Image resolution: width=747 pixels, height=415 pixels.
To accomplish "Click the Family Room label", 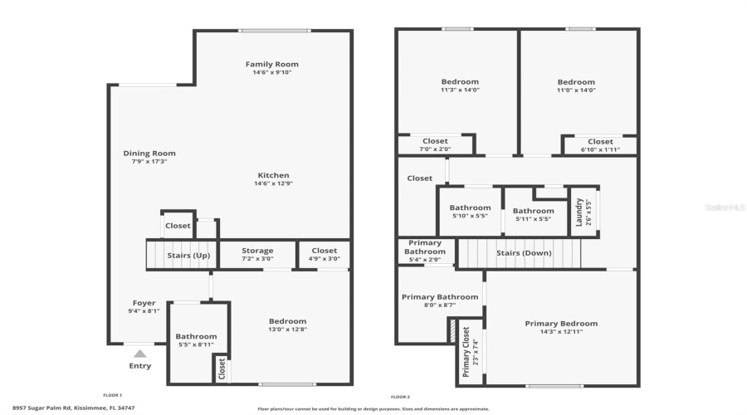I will click(271, 64).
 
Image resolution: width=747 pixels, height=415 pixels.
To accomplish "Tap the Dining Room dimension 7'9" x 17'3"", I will click(149, 161).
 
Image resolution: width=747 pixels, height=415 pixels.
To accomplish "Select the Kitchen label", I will click(273, 175).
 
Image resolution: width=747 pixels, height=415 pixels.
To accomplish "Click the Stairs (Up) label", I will click(188, 255).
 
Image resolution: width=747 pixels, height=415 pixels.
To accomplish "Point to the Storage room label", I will click(257, 251).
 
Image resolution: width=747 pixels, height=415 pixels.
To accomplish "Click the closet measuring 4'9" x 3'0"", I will click(324, 254).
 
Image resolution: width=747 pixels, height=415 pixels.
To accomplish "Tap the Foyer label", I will click(144, 303).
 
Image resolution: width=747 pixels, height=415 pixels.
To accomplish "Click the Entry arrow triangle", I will click(140, 354).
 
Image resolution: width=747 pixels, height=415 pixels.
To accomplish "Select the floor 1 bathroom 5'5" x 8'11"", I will click(195, 339).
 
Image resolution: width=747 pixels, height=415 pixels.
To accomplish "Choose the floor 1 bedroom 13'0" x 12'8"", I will click(287, 325).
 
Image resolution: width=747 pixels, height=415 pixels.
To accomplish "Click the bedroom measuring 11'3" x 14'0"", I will click(459, 85).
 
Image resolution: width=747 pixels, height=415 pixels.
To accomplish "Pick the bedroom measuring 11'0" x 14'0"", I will click(575, 86).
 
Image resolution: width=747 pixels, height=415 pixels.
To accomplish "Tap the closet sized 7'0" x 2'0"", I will click(435, 144).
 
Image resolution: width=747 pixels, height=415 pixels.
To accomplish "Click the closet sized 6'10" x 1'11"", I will click(600, 145).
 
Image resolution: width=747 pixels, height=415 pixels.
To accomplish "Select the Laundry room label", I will click(579, 212).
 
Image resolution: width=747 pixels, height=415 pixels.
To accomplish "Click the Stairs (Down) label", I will click(520, 253).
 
